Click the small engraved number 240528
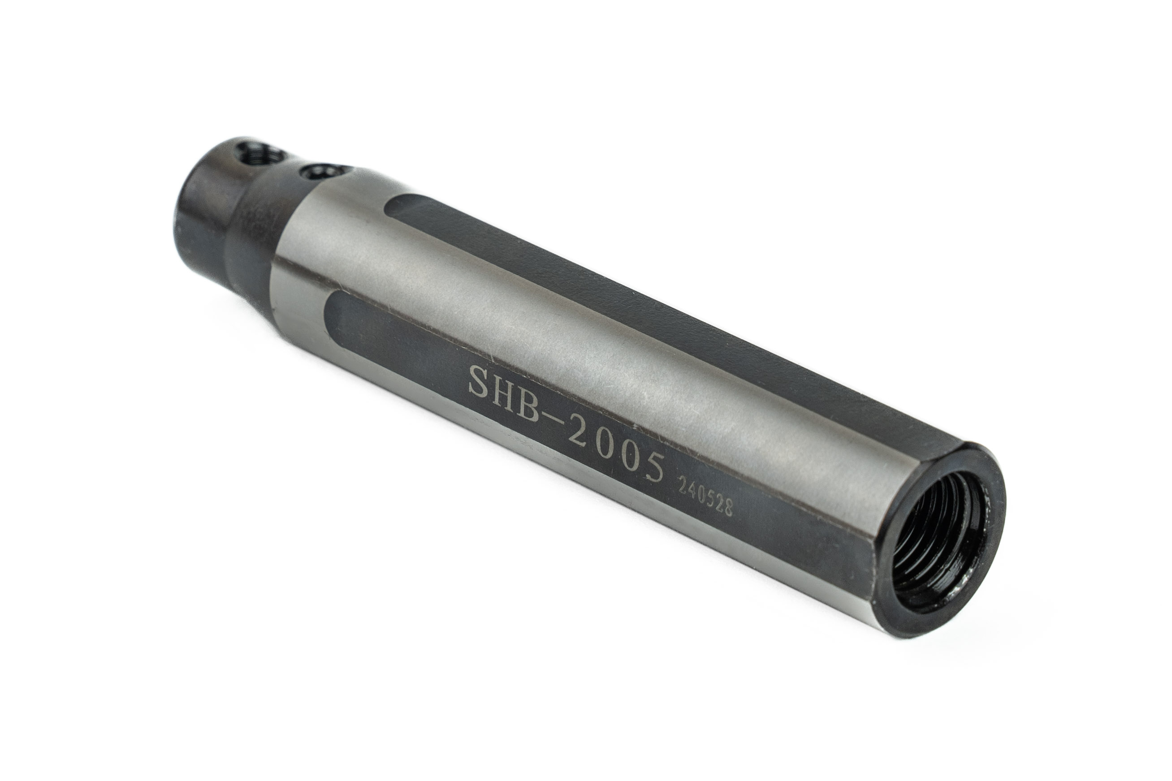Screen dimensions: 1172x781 pos(703,500)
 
